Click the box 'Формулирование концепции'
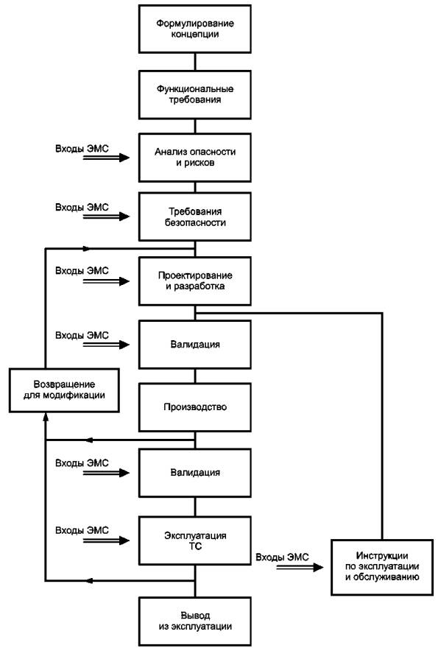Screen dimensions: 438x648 (x=194, y=29)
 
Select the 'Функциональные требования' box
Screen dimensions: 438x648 (x=194, y=95)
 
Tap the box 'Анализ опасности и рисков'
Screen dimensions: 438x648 (x=194, y=158)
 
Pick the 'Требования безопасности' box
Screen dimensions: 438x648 (x=194, y=217)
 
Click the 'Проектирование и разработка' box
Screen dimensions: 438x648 (x=194, y=281)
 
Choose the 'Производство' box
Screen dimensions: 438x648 (x=194, y=407)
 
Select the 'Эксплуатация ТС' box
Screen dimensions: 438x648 (x=194, y=540)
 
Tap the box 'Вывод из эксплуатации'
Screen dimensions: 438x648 (x=194, y=621)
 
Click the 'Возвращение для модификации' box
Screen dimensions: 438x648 (x=64, y=390)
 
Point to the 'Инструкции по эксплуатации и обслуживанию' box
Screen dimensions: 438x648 (x=382, y=567)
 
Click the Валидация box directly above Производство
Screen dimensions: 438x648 (x=194, y=345)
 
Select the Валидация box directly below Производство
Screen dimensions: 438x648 (x=194, y=473)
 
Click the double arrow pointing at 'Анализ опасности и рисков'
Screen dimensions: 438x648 (x=106, y=158)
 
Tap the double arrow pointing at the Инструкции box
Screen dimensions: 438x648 (x=300, y=568)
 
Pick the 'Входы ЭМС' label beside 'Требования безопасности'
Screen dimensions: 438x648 (x=82, y=207)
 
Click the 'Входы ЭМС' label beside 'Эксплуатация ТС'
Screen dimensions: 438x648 (x=82, y=530)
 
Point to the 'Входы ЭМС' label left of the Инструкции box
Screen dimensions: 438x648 (x=282, y=557)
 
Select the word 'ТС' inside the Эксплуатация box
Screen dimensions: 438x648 (x=195, y=546)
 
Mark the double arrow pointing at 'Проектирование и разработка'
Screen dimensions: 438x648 (x=106, y=281)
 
